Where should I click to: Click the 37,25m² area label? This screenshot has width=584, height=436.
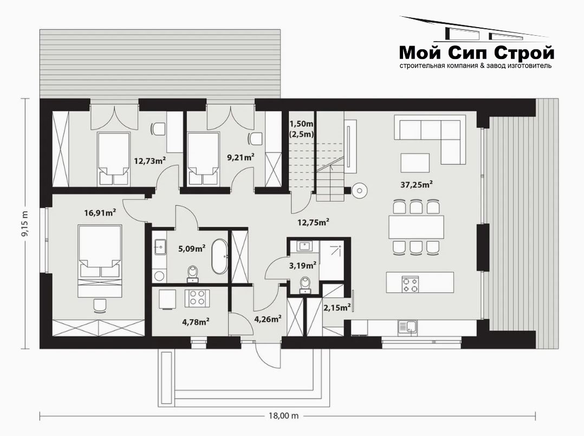pyautogui.click(x=417, y=184)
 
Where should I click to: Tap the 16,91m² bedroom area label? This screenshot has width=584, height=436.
pyautogui.click(x=100, y=213)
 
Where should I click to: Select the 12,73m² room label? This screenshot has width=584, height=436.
pyautogui.click(x=150, y=161)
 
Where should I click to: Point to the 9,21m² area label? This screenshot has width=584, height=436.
pyautogui.click(x=241, y=157)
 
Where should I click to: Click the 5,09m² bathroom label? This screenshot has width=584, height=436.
pyautogui.click(x=192, y=249)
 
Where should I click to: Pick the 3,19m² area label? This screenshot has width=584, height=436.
pyautogui.click(x=303, y=265)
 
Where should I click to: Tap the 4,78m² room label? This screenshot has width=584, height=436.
pyautogui.click(x=196, y=322)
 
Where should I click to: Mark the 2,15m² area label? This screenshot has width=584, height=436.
pyautogui.click(x=337, y=308)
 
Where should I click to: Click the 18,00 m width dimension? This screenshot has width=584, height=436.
pyautogui.click(x=284, y=415)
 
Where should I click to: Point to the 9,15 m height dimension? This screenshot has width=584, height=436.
pyautogui.click(x=25, y=224)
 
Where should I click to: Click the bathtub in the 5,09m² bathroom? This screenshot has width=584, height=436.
pyautogui.click(x=219, y=257)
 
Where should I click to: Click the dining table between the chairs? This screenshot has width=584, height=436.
pyautogui.click(x=417, y=227)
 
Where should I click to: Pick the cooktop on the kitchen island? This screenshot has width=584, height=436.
pyautogui.click(x=410, y=284)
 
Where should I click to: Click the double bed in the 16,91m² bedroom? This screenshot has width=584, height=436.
pyautogui.click(x=100, y=261)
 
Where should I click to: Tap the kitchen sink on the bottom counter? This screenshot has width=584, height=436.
pyautogui.click(x=407, y=327)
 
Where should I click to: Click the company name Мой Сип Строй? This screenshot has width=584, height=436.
pyautogui.click(x=476, y=53)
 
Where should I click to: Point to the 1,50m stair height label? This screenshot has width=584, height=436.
pyautogui.click(x=301, y=123)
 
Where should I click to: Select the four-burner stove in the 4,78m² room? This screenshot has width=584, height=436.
pyautogui.click(x=197, y=298)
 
